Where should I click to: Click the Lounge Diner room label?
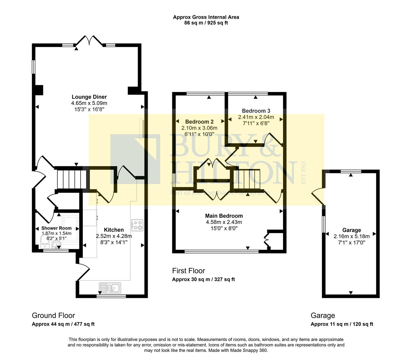click(89, 97)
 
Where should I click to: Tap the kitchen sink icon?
click(110, 287)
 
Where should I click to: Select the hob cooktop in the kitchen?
click(137, 225)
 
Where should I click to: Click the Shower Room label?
click(56, 228)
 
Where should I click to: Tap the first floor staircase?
click(247, 180)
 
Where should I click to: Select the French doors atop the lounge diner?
click(89, 41)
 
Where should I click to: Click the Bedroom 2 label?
click(199, 122)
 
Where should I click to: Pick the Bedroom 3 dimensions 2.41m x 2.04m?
click(256, 117)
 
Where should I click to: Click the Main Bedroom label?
click(224, 216)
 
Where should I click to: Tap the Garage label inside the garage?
click(352, 230)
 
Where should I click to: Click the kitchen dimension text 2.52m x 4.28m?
click(114, 236)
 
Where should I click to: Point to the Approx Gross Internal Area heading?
click(206, 17)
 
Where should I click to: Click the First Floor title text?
click(188, 271)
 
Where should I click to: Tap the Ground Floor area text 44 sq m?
click(63, 324)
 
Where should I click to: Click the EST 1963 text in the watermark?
click(303, 172)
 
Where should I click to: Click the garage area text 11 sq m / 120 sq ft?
click(342, 324)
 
